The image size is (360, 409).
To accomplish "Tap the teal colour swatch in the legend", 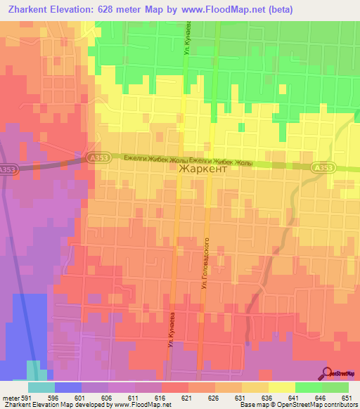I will pyautogui.click(x=41, y=387).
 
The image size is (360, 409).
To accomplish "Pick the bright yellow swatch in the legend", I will pyautogui.click(x=282, y=387).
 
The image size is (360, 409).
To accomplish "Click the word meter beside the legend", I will pyautogui.click(x=10, y=396).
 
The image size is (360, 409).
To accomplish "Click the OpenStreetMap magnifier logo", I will pyautogui.click(x=328, y=372).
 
